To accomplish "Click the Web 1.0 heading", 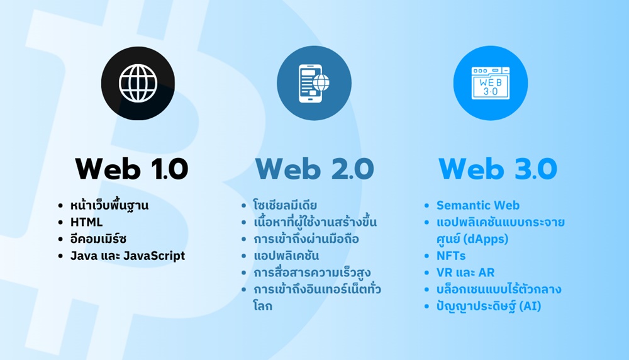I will (131, 168).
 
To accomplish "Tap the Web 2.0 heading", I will (314, 168).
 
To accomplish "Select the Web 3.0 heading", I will (498, 168).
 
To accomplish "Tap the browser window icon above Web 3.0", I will (491, 84).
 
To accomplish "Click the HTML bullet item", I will (87, 222).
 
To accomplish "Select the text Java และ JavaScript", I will (128, 256).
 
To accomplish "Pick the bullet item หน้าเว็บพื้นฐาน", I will (110, 205).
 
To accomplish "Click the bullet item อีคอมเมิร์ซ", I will (101, 239).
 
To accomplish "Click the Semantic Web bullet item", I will (478, 205).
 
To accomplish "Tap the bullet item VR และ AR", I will (465, 273).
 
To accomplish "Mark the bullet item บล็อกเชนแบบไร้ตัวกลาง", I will (499, 290).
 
